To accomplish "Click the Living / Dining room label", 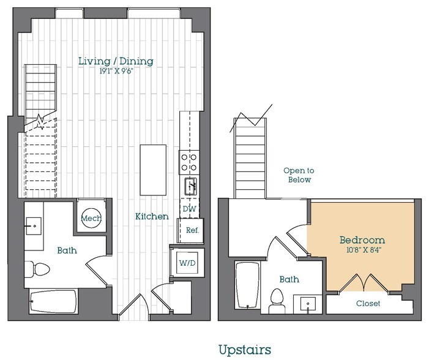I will (x=116, y=61).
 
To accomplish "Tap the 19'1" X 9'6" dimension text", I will (x=116, y=71).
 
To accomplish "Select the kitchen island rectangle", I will (x=153, y=169).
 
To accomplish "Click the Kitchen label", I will (x=152, y=216).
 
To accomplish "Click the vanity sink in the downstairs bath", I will (x=34, y=225).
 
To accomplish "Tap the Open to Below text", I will (x=298, y=175).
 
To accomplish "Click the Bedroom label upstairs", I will (x=362, y=239).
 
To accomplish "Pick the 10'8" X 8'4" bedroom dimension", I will (x=362, y=250).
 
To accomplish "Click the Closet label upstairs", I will (x=367, y=304).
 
